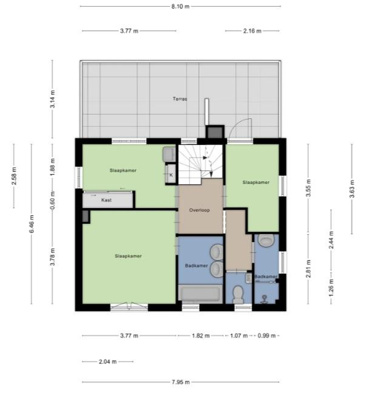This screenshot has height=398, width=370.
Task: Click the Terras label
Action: [x=180, y=99]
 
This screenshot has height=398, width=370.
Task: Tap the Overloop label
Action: [x=199, y=210]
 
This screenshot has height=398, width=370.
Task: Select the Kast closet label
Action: [x=106, y=200]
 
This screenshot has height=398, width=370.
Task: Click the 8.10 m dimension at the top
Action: [x=180, y=7]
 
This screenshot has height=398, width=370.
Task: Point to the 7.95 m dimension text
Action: [x=180, y=382]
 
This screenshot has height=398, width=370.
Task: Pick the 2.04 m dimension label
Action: [x=107, y=362]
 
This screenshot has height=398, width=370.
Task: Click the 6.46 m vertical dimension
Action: [x=31, y=223]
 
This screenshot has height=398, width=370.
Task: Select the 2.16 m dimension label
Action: [x=252, y=31]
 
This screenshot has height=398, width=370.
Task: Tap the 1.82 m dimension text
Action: [x=200, y=336]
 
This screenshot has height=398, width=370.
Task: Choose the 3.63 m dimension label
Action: [x=351, y=189]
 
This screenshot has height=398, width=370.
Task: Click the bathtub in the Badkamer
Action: [x=200, y=294]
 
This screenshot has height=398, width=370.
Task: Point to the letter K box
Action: [x=171, y=174]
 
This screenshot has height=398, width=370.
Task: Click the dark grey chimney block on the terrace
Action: [x=215, y=132]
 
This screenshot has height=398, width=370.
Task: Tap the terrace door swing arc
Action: [x=238, y=124]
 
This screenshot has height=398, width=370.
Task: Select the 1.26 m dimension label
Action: [x=331, y=288]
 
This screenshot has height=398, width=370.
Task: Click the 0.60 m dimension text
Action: [x=52, y=201]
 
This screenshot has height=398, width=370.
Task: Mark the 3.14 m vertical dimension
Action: [x=52, y=99]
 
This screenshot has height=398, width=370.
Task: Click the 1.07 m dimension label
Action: [x=239, y=336]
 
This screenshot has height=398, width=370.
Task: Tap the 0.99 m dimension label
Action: [x=266, y=336]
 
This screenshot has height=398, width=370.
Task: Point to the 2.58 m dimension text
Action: [x=14, y=176]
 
